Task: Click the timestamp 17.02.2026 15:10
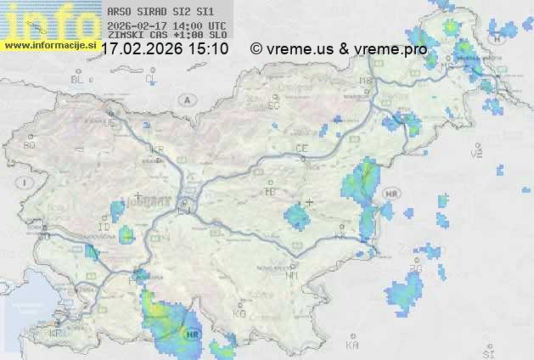(x=164, y=49)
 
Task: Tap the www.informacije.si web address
(x=49, y=45)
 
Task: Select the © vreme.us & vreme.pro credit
(x=338, y=49)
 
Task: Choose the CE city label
(x=301, y=149)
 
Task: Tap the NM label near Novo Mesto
(x=292, y=275)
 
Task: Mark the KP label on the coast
(x=56, y=334)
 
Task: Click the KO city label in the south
(x=239, y=314)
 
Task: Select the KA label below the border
(x=352, y=346)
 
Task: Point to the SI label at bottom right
(x=487, y=352)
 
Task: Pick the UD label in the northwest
(x=108, y=123)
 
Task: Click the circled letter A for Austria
(x=185, y=100)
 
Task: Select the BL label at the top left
(x=78, y=79)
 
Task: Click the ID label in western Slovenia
(x=104, y=228)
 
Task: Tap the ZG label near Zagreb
(x=415, y=270)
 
